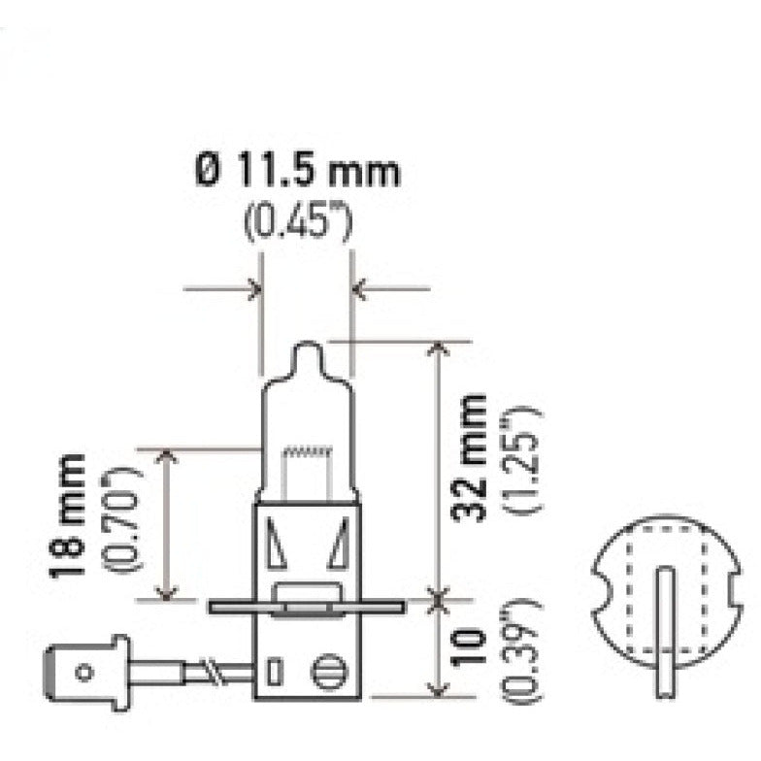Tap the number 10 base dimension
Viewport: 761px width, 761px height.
[x=473, y=648]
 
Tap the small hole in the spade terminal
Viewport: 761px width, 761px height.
[x=84, y=670]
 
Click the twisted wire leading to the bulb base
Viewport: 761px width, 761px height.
[x=206, y=669]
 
